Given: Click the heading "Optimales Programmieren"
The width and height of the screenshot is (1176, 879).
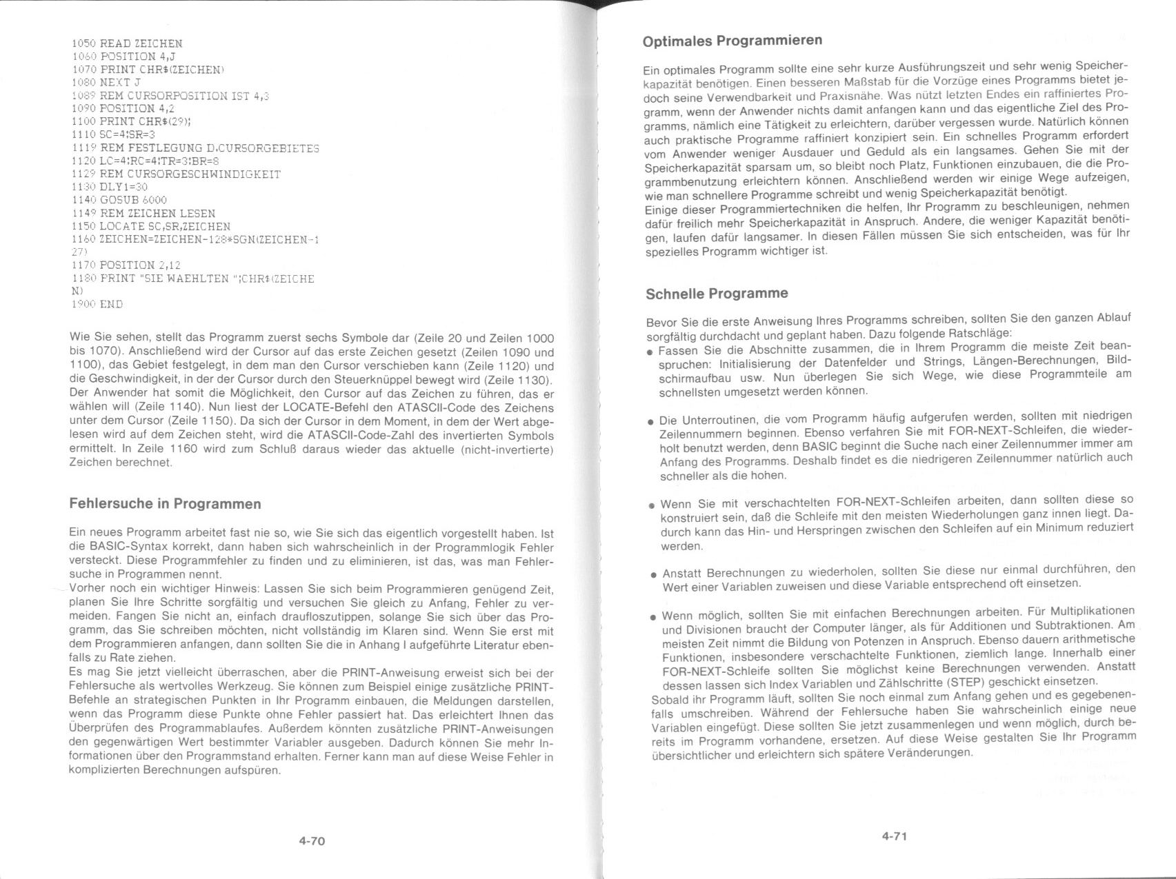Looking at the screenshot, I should (x=732, y=41).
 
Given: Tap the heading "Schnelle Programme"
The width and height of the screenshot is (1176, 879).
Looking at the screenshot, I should (x=716, y=294).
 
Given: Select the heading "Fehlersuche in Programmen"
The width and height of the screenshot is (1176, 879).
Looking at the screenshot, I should (x=165, y=504).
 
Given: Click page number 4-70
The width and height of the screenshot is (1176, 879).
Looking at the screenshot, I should (x=312, y=841).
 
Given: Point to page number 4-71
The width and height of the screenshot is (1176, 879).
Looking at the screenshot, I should (x=894, y=836).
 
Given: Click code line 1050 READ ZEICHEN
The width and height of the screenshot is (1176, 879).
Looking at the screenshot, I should (x=127, y=43).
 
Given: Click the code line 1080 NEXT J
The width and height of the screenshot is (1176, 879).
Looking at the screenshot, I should (x=106, y=82).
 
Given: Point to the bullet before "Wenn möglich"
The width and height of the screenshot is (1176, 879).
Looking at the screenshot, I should (x=653, y=617).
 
